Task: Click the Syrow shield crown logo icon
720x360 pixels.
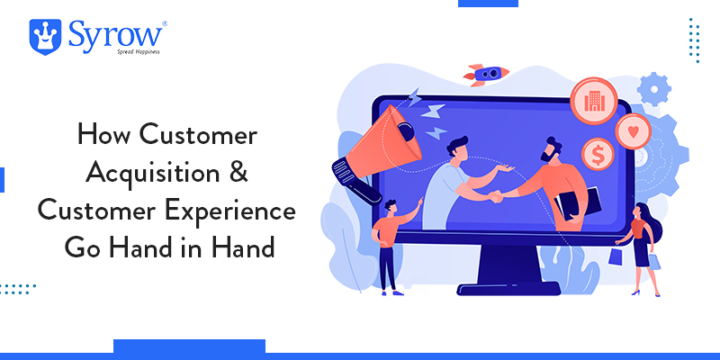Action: pos(45,37)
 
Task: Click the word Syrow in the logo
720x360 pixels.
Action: pos(115,34)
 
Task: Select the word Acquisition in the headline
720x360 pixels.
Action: pos(152,175)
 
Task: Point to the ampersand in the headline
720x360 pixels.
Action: pos(238,173)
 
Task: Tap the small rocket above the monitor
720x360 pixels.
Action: pos(486,74)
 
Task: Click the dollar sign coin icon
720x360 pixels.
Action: pos(598,154)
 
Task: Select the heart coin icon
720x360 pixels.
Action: pos(634,131)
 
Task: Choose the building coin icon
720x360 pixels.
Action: pos(593,101)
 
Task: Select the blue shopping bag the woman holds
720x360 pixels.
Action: pos(616,256)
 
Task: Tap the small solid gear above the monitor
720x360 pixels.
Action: pos(654,89)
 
